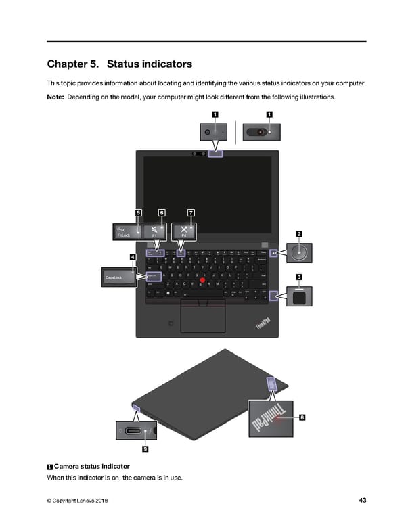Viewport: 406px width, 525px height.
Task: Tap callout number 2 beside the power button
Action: coord(299,234)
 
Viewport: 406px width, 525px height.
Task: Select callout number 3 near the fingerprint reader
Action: coord(299,277)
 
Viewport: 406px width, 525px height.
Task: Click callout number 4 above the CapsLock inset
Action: coord(133,257)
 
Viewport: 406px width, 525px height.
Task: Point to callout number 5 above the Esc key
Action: coord(138,213)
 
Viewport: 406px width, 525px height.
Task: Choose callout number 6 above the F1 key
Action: coord(162,213)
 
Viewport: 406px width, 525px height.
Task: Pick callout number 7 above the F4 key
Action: coord(191,213)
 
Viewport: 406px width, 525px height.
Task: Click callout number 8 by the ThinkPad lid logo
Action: coord(302,417)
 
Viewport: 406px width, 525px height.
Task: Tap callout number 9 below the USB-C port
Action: coord(145,449)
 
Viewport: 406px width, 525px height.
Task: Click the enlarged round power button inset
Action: coord(299,254)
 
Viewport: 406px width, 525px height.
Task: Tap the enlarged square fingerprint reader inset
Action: coord(299,296)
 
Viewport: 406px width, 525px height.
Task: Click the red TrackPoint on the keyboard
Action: coord(202,280)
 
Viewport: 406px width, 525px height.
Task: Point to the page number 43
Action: coord(363,501)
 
